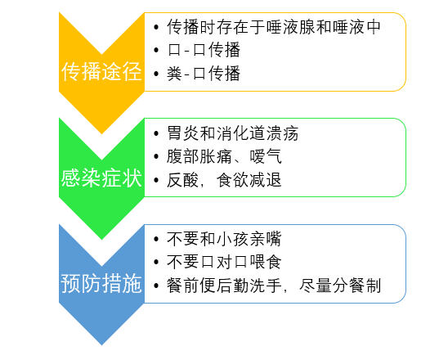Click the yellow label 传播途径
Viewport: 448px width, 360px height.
click(x=101, y=72)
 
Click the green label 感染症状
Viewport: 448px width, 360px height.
click(x=101, y=178)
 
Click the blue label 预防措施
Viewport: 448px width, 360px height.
click(x=101, y=284)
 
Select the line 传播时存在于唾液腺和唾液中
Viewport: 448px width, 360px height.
click(x=273, y=26)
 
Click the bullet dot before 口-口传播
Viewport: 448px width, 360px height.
click(x=156, y=51)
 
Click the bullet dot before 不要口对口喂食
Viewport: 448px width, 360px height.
click(x=156, y=263)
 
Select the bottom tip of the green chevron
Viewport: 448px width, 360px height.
click(x=101, y=238)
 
